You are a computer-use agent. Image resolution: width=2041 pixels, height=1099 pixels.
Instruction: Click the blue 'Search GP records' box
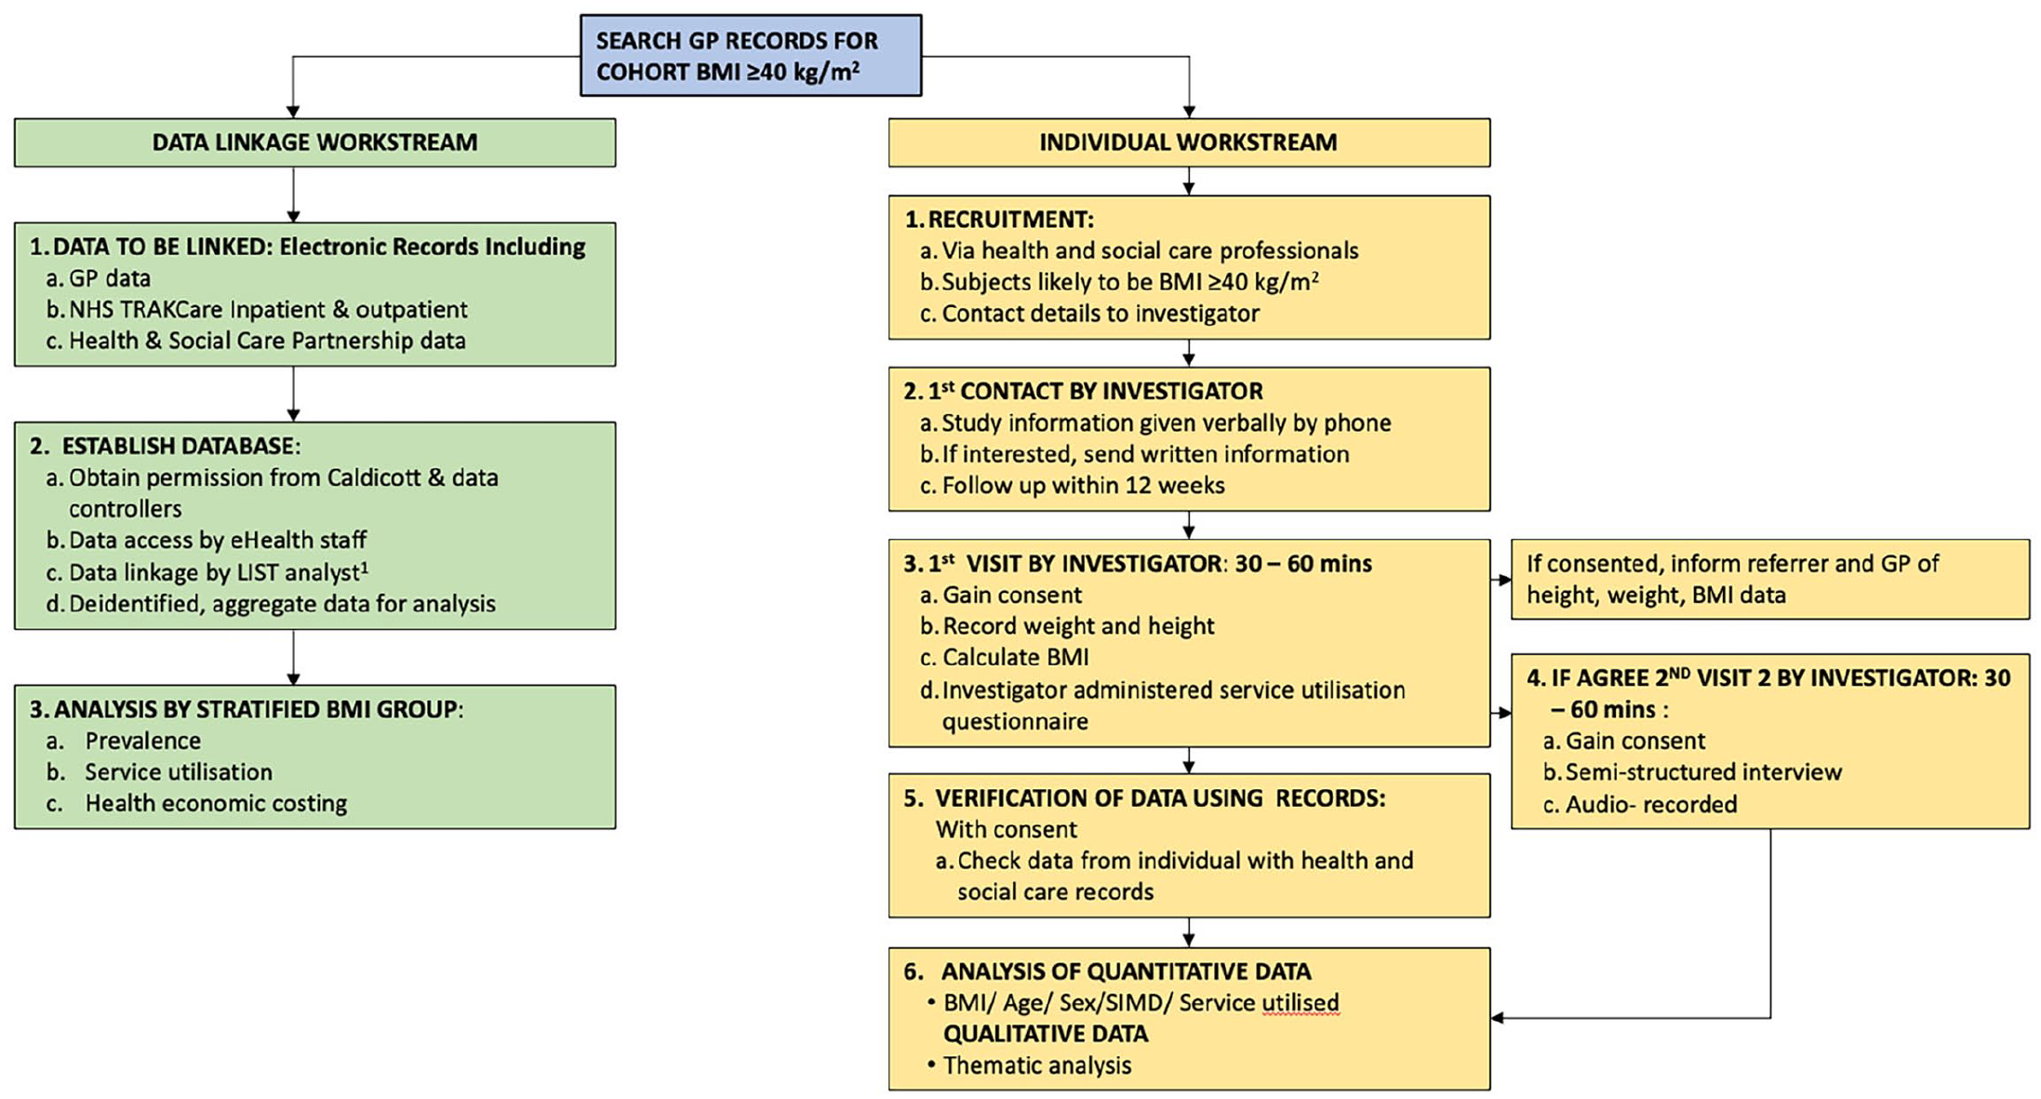tap(751, 55)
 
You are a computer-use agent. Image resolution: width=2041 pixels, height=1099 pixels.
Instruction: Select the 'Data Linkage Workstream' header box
tap(314, 142)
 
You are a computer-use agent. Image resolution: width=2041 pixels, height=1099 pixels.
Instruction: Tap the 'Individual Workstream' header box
tap(1189, 142)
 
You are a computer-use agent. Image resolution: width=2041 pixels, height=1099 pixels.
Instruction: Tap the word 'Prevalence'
tap(142, 741)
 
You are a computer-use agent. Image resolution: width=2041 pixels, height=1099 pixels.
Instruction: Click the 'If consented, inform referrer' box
tap(1770, 579)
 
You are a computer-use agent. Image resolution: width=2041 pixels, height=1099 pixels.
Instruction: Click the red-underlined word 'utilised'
tap(1301, 1002)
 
